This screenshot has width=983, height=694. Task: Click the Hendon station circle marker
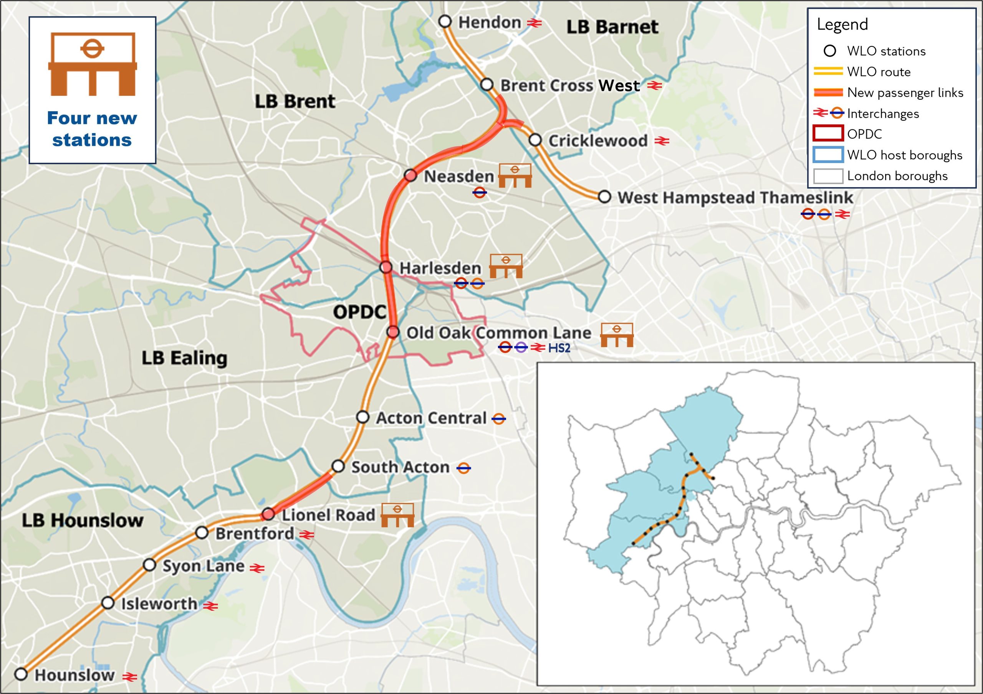(x=445, y=21)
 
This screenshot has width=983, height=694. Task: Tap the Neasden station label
(x=458, y=176)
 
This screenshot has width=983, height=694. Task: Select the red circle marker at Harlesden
(x=386, y=267)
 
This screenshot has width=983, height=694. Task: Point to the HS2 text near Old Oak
(x=559, y=348)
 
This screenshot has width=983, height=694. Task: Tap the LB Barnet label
(x=612, y=27)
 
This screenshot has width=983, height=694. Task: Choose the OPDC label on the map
(x=360, y=312)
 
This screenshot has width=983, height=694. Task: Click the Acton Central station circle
(x=362, y=417)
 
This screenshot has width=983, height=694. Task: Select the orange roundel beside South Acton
(x=464, y=468)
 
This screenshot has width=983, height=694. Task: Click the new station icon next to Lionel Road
(x=397, y=515)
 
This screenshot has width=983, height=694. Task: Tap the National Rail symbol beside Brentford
(x=306, y=535)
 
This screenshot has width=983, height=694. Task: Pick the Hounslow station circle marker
(x=21, y=674)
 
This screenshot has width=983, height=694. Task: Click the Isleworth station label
(x=159, y=604)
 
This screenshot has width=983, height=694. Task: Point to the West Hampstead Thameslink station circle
(x=604, y=197)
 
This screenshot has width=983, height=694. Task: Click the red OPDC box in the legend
(x=827, y=134)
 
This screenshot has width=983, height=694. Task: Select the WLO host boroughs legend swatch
(x=827, y=155)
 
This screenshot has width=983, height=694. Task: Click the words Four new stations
(x=92, y=129)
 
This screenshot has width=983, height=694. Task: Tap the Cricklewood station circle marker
(x=535, y=140)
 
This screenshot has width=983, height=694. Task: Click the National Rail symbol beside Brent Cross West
(x=654, y=86)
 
